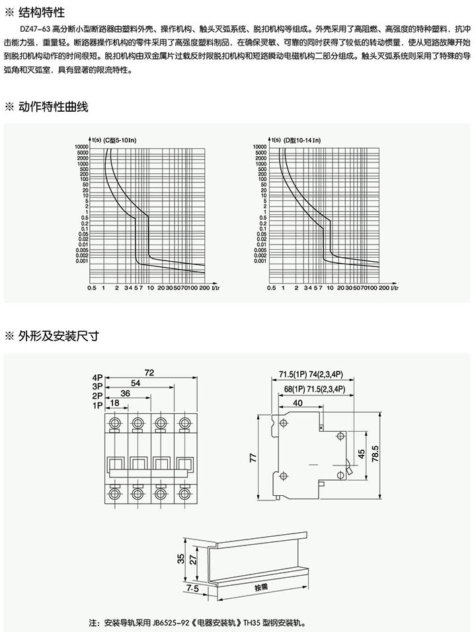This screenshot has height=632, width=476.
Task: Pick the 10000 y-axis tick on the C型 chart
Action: coord(82,146)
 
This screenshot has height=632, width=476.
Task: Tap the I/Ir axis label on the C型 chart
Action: coord(218,288)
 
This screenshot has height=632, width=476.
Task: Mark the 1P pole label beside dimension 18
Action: coord(99,404)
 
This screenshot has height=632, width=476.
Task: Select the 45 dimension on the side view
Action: coord(361,454)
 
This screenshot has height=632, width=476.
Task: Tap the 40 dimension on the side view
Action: coord(298,403)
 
